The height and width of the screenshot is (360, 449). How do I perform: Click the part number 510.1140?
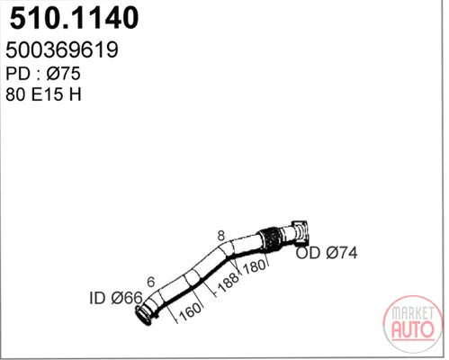coord(74,18)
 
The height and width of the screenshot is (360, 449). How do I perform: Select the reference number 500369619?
coord(62,49)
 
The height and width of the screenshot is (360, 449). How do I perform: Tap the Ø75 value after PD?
coord(63,74)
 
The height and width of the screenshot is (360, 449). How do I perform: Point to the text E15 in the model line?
coord(48,94)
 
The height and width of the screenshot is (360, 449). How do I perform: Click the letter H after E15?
coord(76,94)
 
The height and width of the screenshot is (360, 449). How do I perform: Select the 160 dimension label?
coord(190,311)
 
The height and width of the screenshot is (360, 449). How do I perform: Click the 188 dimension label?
coord(229,283)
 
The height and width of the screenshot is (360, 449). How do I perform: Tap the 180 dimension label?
coord(255,266)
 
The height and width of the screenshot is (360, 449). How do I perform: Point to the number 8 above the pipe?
coord(221,236)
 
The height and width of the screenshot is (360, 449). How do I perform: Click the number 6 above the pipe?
coord(151,282)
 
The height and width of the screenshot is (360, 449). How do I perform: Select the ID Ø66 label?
coord(116,298)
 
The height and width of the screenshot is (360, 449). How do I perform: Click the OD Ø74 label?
coord(327,253)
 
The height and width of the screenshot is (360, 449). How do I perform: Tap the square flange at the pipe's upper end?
coord(300,231)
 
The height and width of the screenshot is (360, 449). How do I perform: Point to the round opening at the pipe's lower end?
coord(142,315)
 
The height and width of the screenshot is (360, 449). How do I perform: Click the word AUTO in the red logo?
coord(413,329)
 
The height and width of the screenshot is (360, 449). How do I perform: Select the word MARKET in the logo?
coord(413,313)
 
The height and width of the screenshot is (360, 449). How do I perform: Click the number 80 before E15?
coord(15,94)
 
